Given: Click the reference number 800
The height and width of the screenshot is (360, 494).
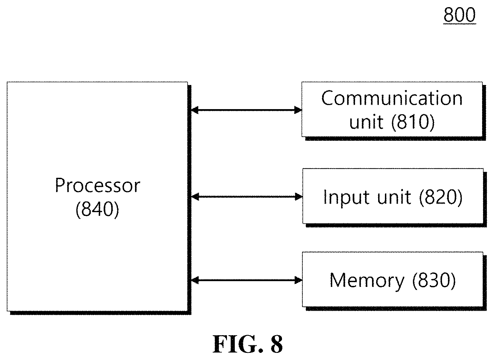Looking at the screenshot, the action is click(x=460, y=15).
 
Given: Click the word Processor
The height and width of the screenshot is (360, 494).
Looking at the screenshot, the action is click(x=98, y=185).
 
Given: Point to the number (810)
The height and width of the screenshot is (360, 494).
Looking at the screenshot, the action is click(x=413, y=122).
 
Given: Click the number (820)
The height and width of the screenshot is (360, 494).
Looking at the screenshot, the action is click(x=440, y=197).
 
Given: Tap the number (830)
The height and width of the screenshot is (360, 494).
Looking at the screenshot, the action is click(x=434, y=280).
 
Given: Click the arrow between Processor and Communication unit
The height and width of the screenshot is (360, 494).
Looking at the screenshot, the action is click(x=246, y=110).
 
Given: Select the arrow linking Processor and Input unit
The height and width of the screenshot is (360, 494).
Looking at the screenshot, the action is click(x=247, y=196).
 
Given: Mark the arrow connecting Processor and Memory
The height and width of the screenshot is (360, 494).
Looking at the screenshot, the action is click(x=247, y=280).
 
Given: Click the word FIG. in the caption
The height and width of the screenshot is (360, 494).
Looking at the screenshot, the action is click(x=238, y=344).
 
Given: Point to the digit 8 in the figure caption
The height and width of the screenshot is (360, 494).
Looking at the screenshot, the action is click(x=277, y=344).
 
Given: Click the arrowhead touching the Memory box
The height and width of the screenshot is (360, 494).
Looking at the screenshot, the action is click(x=299, y=280).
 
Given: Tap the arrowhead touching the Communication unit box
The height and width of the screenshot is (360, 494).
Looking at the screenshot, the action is click(x=298, y=110).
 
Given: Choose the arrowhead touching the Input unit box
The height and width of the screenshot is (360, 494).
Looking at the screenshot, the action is click(x=299, y=196).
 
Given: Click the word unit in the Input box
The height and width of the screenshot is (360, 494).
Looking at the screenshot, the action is click(x=394, y=197).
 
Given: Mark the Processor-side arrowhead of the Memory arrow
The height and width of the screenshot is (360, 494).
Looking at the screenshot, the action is click(x=195, y=280).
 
